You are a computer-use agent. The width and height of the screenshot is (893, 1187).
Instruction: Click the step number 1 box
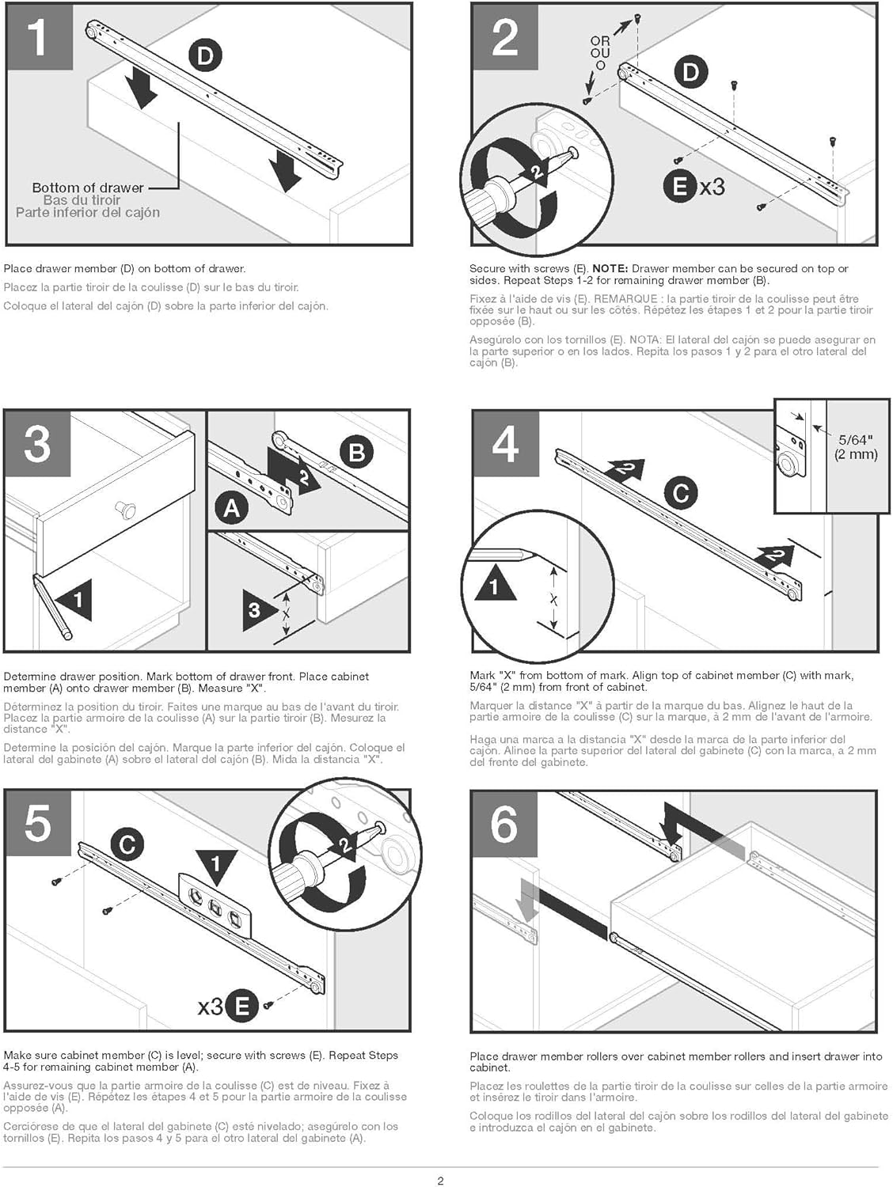(x=38, y=36)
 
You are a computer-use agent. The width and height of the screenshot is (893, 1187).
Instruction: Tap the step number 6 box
(x=504, y=824)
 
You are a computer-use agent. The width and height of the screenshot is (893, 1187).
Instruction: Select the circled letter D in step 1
(x=205, y=55)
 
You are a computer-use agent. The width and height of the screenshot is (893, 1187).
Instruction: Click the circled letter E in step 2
(x=679, y=187)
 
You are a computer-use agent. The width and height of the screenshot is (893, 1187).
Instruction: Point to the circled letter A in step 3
(x=231, y=507)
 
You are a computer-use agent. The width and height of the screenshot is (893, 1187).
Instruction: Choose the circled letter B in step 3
(x=356, y=452)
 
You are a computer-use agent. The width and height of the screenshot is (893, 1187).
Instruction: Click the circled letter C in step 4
(x=680, y=493)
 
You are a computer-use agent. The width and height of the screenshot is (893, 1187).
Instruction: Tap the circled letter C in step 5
(x=127, y=844)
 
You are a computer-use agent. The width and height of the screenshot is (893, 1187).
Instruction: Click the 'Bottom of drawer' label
(x=88, y=188)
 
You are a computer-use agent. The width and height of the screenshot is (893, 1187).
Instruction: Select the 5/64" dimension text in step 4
(x=856, y=440)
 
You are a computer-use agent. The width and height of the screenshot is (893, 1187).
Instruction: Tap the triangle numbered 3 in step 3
(x=257, y=609)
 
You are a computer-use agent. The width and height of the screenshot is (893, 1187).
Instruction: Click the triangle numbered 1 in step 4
(x=495, y=585)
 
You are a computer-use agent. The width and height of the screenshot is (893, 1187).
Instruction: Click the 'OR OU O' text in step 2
(x=600, y=53)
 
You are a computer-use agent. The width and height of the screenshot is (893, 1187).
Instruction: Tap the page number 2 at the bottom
(x=441, y=1181)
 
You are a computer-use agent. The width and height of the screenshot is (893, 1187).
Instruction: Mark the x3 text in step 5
(x=210, y=1007)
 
